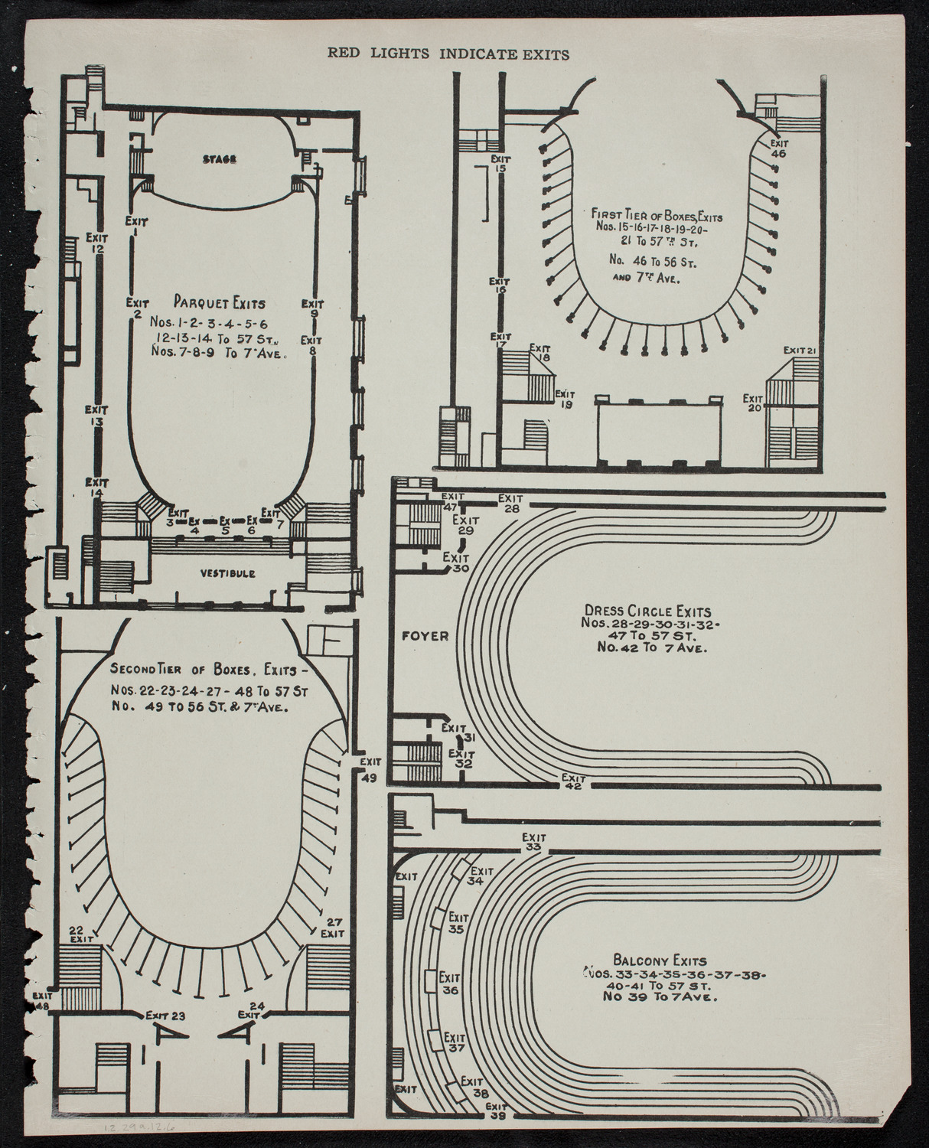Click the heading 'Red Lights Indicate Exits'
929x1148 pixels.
448,54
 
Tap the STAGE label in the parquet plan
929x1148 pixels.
220,159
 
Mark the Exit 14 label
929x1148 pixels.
96,488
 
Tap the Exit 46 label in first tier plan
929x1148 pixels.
779,148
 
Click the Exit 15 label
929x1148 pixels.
501,163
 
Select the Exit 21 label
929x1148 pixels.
801,351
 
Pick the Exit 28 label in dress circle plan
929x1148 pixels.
510,503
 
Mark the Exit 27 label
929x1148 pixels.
331,927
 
